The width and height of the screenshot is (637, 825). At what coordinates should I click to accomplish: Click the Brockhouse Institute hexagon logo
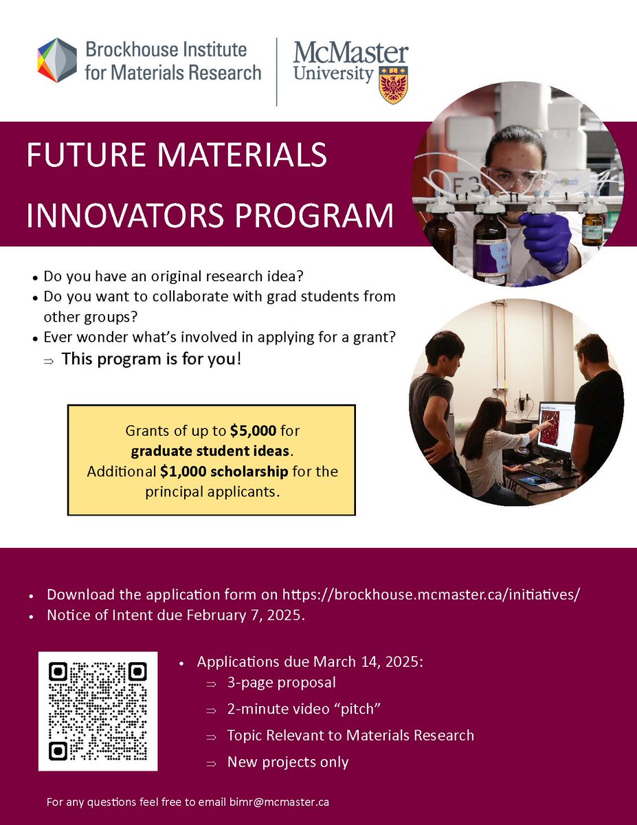(x=58, y=60)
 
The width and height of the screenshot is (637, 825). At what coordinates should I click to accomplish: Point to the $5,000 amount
(x=254, y=432)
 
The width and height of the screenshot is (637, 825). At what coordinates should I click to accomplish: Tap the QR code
(x=98, y=710)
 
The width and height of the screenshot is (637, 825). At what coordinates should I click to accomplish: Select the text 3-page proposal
(x=282, y=683)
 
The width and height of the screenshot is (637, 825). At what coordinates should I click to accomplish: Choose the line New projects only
(x=288, y=762)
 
